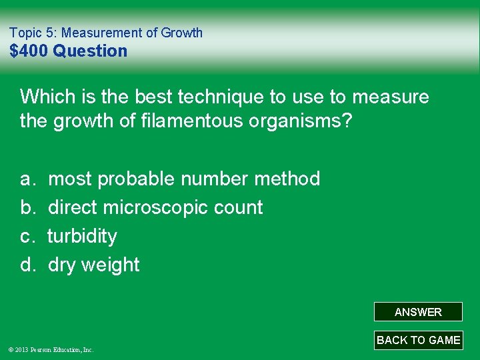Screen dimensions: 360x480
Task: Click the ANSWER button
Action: pyautogui.click(x=418, y=312)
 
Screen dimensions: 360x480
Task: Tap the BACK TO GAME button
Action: pyautogui.click(x=418, y=340)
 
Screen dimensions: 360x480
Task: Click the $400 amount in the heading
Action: pyautogui.click(x=29, y=51)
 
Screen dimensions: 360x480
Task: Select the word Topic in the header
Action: pyautogui.click(x=25, y=32)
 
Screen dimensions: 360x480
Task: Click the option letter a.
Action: pyautogui.click(x=27, y=179)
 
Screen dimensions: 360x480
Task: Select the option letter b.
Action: pyautogui.click(x=27, y=207)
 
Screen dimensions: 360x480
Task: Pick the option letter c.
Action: pyautogui.click(x=27, y=236)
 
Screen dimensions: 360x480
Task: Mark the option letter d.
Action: pyautogui.click(x=27, y=265)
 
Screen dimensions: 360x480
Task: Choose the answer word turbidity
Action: pyautogui.click(x=82, y=236)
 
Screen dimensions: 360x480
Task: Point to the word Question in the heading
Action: pyautogui.click(x=90, y=51)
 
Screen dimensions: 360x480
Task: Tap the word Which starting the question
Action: pyautogui.click(x=46, y=97)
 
